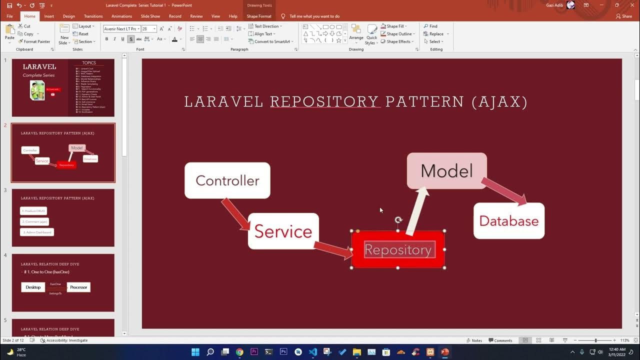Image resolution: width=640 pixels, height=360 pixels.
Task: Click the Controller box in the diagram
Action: [227, 180]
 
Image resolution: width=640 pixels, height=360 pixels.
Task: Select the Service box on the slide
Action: [283, 231]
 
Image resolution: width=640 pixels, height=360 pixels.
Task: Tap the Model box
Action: [446, 171]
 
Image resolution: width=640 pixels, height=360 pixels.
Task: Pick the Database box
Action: [508, 220]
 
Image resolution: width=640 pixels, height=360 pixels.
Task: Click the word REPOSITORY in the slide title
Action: [324, 102]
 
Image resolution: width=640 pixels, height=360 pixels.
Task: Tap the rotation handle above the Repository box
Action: [398, 220]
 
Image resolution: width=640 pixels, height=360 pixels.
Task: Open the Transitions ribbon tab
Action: [93, 16]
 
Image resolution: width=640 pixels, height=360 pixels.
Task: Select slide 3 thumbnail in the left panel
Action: [63, 217]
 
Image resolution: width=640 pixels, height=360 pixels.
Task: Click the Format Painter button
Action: [34, 41]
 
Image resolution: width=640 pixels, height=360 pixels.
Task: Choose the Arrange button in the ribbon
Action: [356, 33]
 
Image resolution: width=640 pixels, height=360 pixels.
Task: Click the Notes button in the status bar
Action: [474, 340]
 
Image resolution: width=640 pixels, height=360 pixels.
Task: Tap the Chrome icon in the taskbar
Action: [239, 352]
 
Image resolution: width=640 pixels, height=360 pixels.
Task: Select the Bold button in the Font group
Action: [106, 39]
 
